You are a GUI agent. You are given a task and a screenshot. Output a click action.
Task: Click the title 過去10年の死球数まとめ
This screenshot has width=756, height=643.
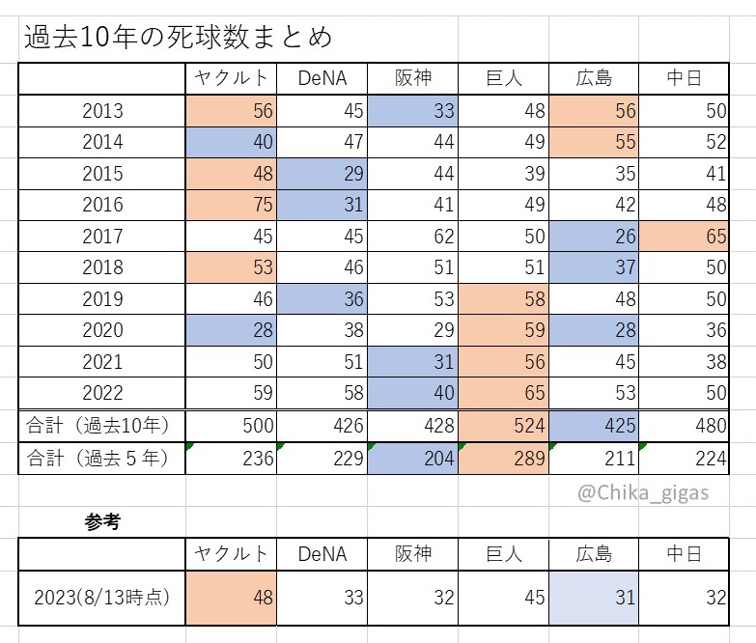(178, 37)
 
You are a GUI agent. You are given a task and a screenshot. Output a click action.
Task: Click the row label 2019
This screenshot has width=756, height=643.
(102, 299)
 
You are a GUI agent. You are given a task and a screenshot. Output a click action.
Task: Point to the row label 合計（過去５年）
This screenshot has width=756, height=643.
(98, 458)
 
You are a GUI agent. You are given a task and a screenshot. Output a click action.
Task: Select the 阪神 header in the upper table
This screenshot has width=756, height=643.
(412, 78)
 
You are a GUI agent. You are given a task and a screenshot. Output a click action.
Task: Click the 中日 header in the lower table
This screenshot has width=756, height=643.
(685, 554)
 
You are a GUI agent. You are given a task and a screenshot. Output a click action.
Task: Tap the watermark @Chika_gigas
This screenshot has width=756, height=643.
(643, 493)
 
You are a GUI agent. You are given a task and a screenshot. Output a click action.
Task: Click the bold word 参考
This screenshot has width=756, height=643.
(102, 521)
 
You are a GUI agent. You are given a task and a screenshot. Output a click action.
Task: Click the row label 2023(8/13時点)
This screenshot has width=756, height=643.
(101, 598)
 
